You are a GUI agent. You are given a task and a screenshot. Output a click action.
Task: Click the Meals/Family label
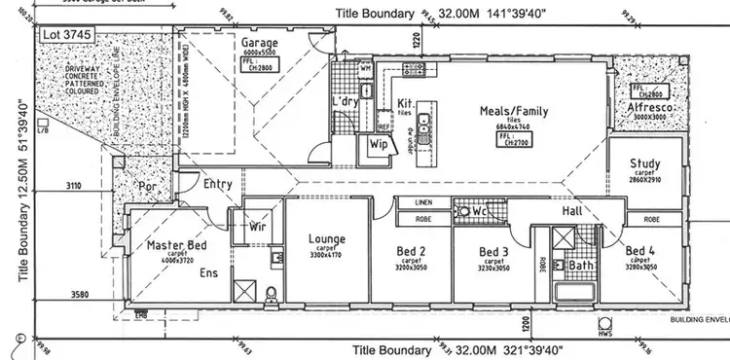pyautogui.click(x=514, y=111)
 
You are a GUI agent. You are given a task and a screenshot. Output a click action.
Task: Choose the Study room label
pyautogui.click(x=645, y=163)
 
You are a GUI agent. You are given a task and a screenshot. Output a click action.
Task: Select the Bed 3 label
pyautogui.click(x=495, y=252)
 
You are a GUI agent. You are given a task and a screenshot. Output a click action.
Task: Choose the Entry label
pyautogui.click(x=216, y=183)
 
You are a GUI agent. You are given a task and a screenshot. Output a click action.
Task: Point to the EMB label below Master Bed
pyautogui.click(x=142, y=312)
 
